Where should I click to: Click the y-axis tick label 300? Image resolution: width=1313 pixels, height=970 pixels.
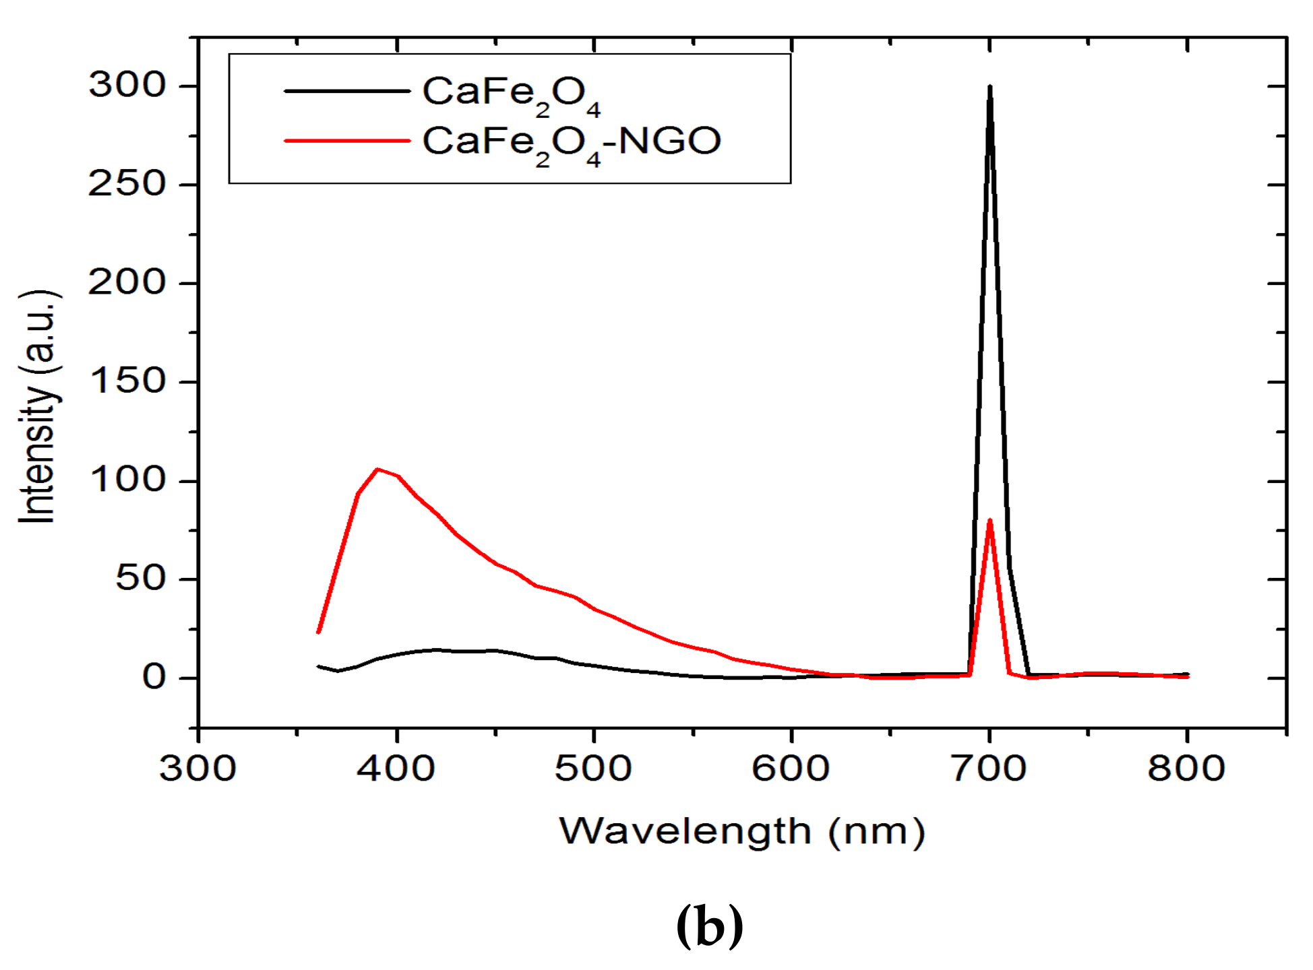click(x=127, y=86)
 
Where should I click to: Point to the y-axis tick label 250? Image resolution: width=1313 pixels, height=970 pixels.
click(x=127, y=184)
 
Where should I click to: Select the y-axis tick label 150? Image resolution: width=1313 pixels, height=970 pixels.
click(x=127, y=381)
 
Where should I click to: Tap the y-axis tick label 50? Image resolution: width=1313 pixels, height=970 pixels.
click(x=140, y=579)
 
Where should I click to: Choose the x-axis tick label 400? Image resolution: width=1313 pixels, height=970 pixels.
click(x=396, y=769)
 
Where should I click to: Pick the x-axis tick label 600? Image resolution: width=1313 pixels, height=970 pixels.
click(x=791, y=769)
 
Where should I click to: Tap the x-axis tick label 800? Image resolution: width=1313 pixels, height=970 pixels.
click(x=1186, y=769)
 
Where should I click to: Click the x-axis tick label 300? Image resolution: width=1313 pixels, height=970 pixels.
click(x=198, y=769)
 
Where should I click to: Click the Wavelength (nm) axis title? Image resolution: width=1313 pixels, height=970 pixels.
click(x=742, y=832)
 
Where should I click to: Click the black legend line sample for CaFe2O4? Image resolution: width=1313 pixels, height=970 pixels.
click(x=347, y=91)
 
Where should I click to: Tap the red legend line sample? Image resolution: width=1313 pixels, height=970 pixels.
click(x=347, y=141)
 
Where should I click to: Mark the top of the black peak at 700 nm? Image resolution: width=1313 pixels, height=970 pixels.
click(x=989, y=87)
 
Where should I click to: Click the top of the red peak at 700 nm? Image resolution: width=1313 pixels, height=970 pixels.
click(x=989, y=520)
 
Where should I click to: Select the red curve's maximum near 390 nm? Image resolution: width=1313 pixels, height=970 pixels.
click(x=377, y=469)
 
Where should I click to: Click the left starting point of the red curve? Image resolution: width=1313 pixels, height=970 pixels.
click(x=318, y=632)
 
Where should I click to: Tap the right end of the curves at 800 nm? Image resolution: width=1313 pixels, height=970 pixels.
click(x=1187, y=675)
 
